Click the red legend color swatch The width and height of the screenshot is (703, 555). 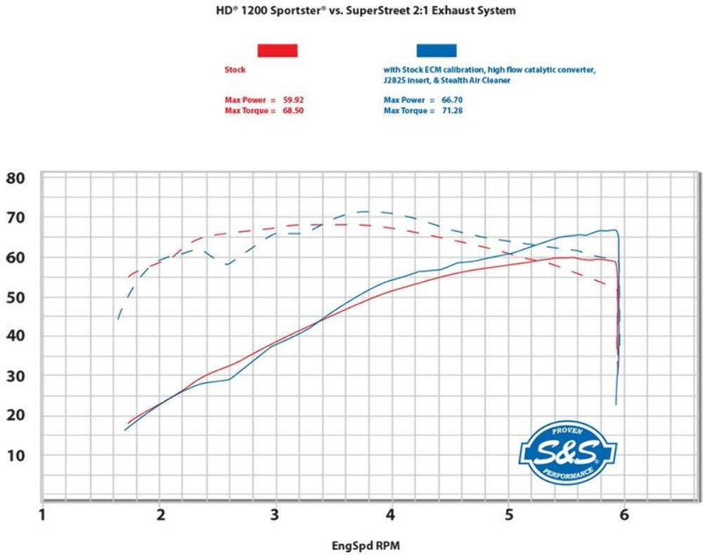point(278,50)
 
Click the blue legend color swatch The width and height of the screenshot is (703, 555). point(437,50)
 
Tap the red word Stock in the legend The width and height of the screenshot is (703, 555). point(235,70)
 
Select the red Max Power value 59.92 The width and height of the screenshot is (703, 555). point(293,100)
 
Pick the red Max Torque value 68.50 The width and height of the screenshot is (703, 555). point(293,110)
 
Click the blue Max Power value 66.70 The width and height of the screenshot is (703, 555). point(452,100)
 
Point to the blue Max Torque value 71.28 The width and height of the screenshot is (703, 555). point(452,110)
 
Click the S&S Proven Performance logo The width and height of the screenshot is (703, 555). point(568,452)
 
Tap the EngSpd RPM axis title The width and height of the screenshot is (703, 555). point(366,546)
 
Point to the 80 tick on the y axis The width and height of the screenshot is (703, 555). point(15,178)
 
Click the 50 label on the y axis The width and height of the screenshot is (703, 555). point(15,297)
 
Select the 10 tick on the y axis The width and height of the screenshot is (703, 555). point(15,455)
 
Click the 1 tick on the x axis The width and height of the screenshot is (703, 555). point(43,515)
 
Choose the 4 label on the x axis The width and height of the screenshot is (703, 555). point(391,515)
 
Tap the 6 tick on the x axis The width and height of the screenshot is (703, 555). point(624,515)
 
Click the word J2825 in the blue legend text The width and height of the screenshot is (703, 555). point(394,81)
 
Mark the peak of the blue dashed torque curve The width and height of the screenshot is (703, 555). point(364,211)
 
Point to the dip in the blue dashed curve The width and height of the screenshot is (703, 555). point(227,264)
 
